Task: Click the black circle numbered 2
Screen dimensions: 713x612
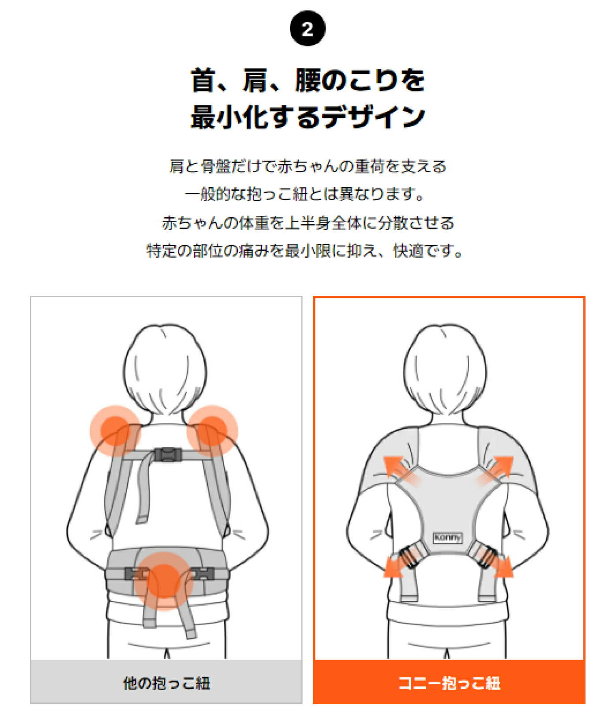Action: pos(307,29)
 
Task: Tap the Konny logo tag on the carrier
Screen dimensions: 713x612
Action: pos(447,537)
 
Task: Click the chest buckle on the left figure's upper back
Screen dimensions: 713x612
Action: pos(168,455)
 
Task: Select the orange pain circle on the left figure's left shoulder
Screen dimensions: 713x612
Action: pos(115,430)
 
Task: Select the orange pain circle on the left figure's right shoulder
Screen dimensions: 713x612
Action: pos(212,430)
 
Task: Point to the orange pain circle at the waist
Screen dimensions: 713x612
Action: pos(163,581)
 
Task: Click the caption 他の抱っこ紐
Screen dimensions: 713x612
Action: pos(166,683)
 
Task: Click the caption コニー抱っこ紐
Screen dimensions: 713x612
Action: pos(449,683)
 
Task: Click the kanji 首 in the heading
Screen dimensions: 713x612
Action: pos(203,80)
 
